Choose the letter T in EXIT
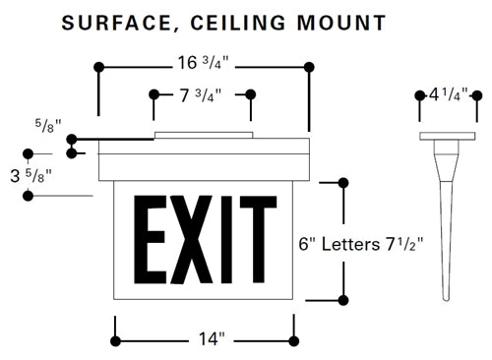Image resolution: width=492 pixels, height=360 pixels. (x=260, y=240)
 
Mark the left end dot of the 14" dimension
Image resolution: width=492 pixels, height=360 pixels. (x=115, y=340)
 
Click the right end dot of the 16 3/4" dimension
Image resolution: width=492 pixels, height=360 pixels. (x=309, y=67)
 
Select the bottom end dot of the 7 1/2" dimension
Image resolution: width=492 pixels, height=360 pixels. (x=342, y=300)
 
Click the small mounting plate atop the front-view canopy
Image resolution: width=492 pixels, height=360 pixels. (x=203, y=134)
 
